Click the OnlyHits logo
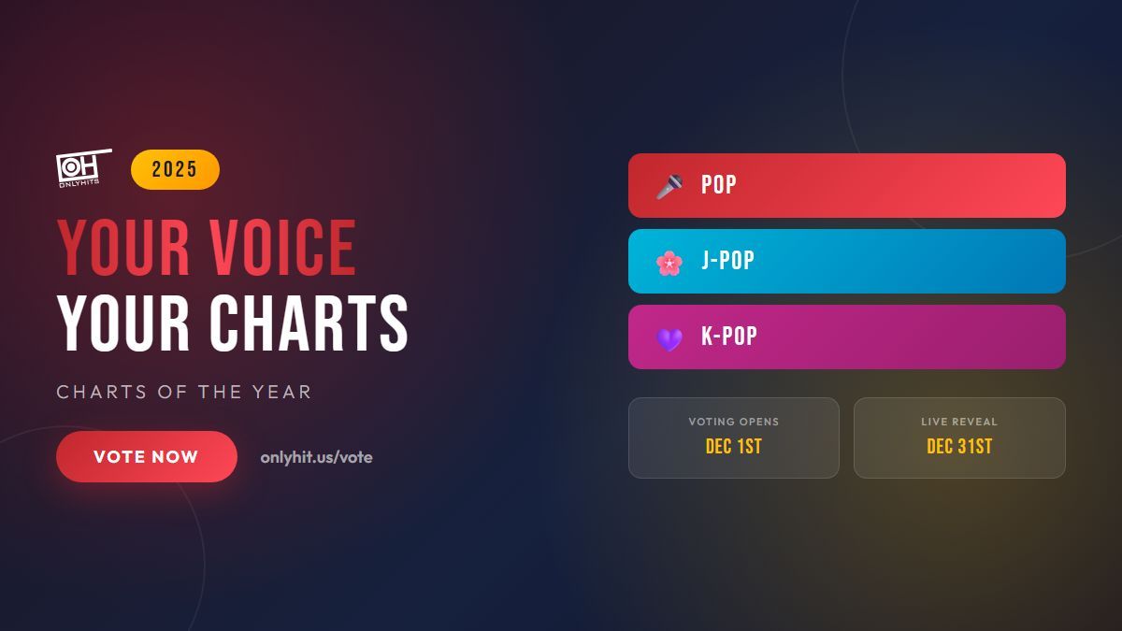(x=83, y=168)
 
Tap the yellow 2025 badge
(x=175, y=169)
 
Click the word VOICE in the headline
(x=282, y=248)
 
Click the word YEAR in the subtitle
(x=281, y=392)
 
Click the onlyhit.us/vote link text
(x=316, y=457)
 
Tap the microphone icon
(x=669, y=186)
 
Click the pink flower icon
(x=669, y=263)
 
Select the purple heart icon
(x=669, y=339)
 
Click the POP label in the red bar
(x=719, y=185)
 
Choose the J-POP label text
(x=727, y=261)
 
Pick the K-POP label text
(x=728, y=336)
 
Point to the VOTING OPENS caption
(x=734, y=422)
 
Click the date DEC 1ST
(x=734, y=446)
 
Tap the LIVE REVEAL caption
(x=959, y=422)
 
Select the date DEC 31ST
(x=959, y=446)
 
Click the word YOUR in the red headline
(x=123, y=248)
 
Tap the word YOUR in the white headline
(x=123, y=323)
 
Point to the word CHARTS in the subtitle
(x=102, y=392)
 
